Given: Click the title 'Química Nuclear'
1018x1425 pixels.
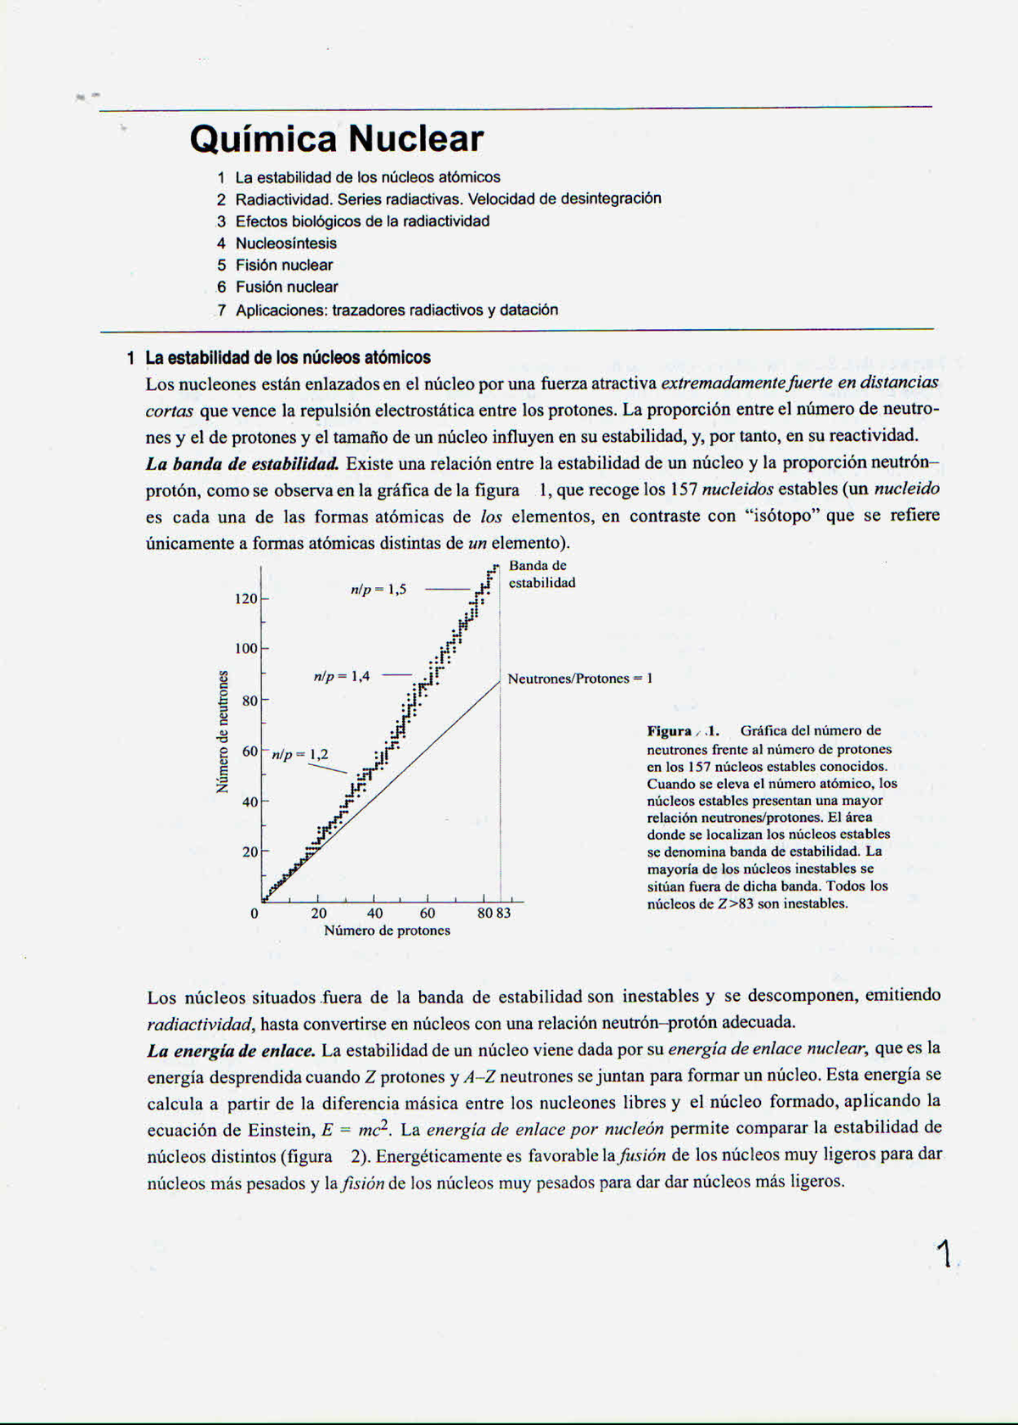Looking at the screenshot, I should click(337, 139).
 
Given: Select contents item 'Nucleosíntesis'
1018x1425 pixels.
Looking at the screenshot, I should click(286, 243).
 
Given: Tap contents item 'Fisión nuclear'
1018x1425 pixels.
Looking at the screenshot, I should click(284, 265).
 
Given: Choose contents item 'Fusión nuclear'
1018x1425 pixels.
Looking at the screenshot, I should click(287, 288).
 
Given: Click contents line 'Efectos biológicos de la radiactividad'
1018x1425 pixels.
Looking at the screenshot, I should click(362, 221).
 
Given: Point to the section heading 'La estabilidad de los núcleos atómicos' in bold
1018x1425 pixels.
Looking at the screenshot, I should click(288, 358).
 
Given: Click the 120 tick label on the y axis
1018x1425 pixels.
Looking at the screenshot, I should click(246, 599).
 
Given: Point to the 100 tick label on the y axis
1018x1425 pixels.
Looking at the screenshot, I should click(246, 649).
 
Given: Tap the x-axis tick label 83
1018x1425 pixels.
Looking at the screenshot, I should click(504, 914).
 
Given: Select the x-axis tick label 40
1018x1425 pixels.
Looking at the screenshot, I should click(374, 914).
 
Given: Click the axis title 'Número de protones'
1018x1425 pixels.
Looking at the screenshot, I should click(387, 930).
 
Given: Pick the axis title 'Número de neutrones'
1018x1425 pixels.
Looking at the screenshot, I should click(223, 731).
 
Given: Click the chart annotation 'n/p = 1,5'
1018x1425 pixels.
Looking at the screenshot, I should click(378, 590).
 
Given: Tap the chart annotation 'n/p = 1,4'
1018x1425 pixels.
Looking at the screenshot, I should click(341, 677).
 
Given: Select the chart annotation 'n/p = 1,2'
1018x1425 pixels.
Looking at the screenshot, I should click(299, 754).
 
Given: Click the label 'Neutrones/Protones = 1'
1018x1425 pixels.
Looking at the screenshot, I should click(580, 679).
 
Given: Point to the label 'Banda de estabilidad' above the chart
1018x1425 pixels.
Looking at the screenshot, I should click(541, 574).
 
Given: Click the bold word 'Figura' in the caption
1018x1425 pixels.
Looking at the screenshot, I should click(669, 731).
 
